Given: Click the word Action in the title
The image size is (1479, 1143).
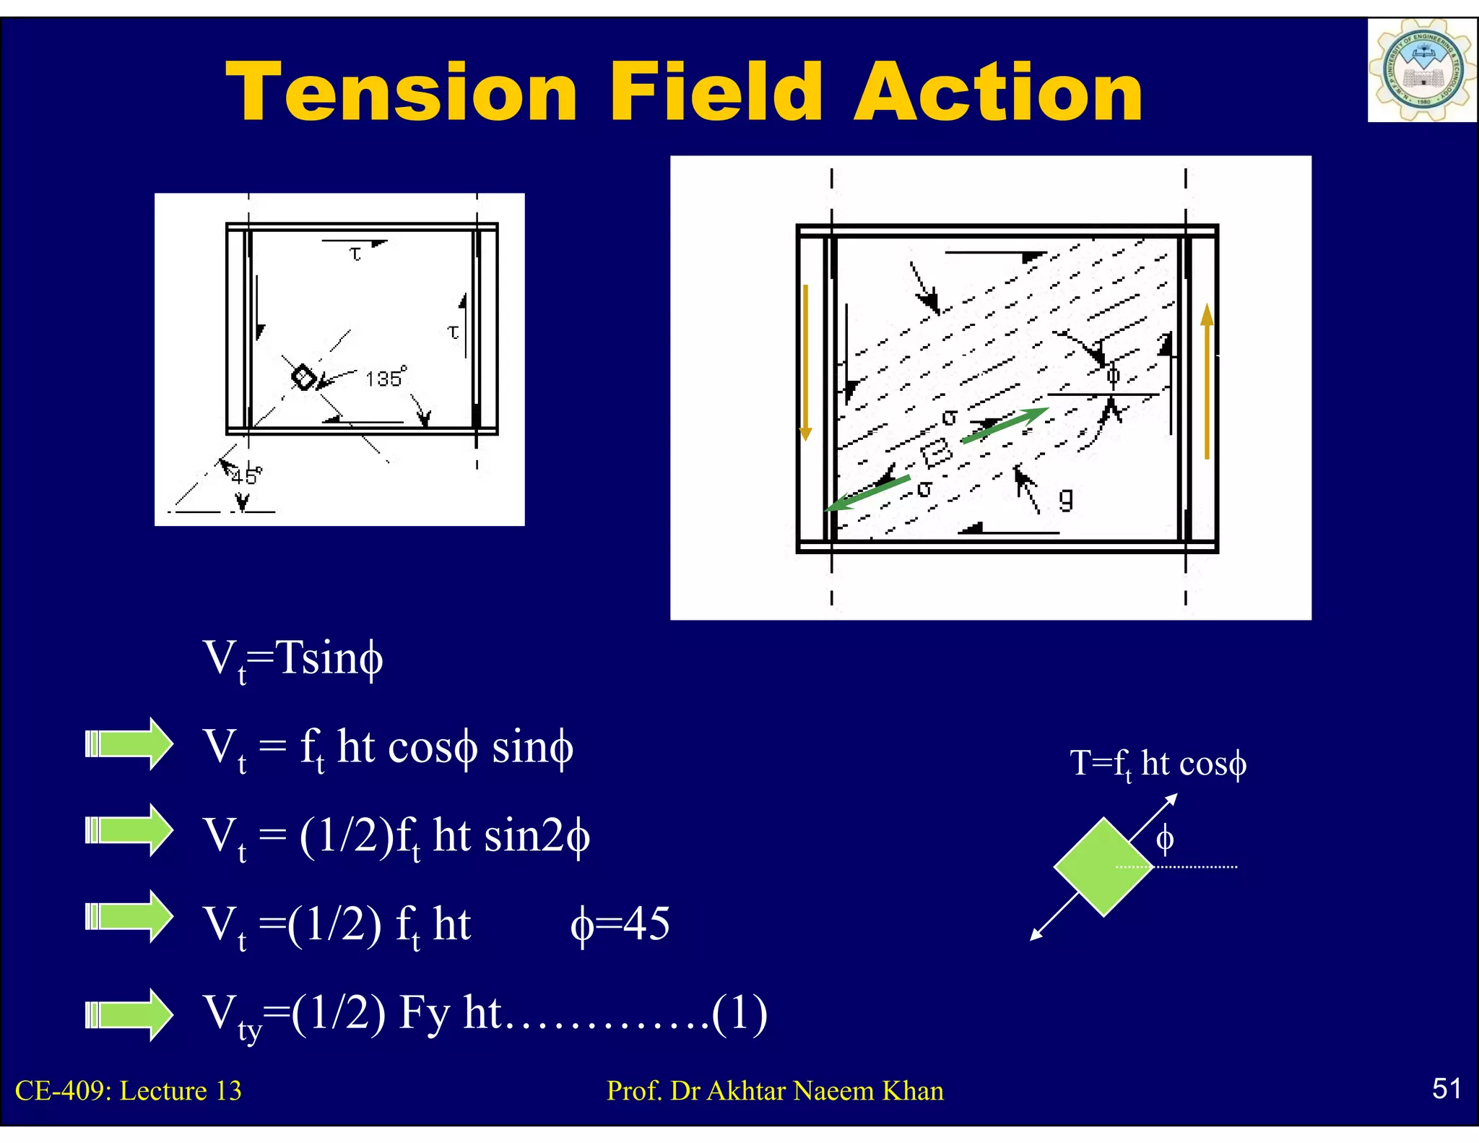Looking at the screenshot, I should click(998, 92).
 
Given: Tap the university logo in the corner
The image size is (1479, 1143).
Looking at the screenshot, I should click(1421, 70).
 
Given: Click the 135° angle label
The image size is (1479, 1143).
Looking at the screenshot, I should click(385, 378).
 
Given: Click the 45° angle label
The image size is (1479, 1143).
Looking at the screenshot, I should click(246, 476).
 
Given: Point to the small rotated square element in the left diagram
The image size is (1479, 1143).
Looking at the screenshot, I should click(304, 376).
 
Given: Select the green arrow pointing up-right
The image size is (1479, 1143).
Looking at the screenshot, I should click(1005, 425).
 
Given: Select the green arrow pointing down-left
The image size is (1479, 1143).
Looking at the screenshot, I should click(867, 493).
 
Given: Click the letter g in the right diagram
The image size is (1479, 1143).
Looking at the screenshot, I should click(1066, 498).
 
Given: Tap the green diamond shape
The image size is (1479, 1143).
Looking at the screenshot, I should click(1103, 866).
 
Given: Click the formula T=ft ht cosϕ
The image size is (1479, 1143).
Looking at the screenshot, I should click(1158, 764).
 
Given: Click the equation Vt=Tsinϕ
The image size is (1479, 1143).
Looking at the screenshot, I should click(292, 659).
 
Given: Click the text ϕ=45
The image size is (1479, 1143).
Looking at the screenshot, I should click(620, 924).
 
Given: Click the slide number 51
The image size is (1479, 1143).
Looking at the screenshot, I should click(1447, 1088).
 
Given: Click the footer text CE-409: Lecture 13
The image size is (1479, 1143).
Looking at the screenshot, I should click(129, 1090).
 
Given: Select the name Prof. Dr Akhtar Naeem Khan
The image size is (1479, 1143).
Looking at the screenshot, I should click(775, 1090).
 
